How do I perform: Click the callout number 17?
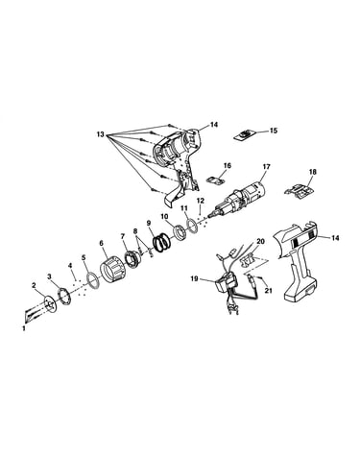coord(266,167)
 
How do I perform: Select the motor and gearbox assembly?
coord(237,200)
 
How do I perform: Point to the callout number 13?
coord(101,133)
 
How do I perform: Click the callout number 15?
coord(274,131)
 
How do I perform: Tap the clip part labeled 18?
coord(299,190)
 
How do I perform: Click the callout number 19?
coord(194,278)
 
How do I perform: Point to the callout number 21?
coord(269,291)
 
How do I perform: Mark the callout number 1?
coord(23,328)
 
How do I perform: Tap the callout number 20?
coord(261,241)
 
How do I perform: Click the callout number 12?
coord(201,201)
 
